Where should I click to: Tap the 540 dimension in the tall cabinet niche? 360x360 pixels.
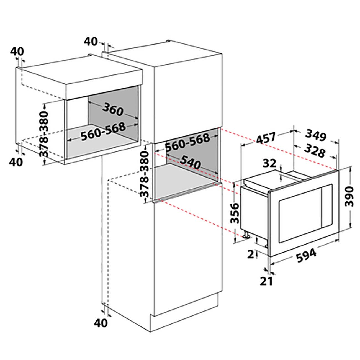point(191,162)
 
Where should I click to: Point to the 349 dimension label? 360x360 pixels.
point(316,135)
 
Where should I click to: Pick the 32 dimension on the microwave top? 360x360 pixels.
point(269,163)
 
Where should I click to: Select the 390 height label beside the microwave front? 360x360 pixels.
point(349,196)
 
